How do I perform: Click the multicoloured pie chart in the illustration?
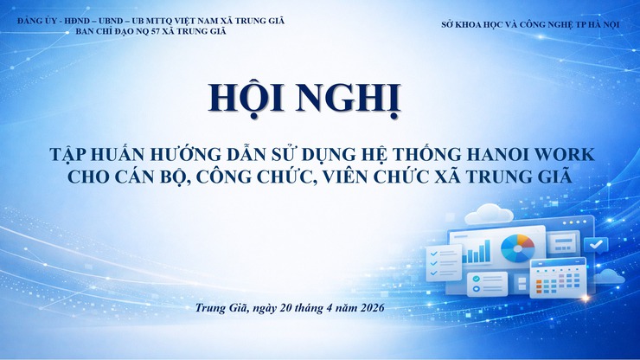pyautogui.click(x=518, y=246)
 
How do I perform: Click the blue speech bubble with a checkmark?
pyautogui.click(x=596, y=245)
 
